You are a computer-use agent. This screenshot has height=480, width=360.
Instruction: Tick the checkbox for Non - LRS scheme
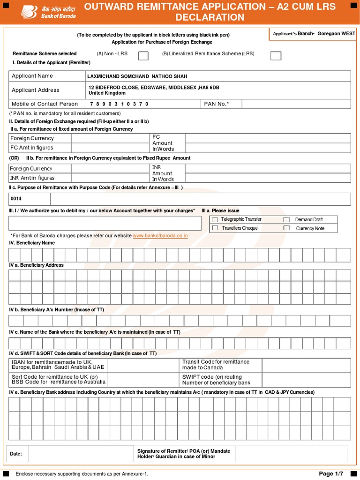tap(143, 56)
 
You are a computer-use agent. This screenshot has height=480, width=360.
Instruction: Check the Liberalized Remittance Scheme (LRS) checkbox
tap(276, 56)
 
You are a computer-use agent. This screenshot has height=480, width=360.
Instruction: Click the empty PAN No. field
tap(296, 104)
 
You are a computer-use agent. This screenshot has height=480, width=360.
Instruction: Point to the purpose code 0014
tap(16, 199)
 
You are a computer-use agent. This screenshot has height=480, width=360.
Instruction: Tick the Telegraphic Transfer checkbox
tap(215, 219)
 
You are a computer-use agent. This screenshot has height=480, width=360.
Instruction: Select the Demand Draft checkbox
tap(286, 219)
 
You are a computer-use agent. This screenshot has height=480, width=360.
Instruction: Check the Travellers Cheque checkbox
tap(215, 228)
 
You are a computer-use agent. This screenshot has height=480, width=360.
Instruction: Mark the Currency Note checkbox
tap(286, 228)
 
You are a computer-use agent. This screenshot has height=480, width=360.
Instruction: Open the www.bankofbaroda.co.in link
tap(160, 236)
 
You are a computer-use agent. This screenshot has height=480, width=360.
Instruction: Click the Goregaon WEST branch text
tap(336, 34)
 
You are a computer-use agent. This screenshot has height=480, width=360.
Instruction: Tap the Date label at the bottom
tap(16, 454)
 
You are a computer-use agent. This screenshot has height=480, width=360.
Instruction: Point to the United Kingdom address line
tap(107, 93)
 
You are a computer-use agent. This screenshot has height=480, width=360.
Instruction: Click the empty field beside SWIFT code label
tap(306, 380)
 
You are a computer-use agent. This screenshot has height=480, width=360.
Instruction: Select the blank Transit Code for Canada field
tap(306, 365)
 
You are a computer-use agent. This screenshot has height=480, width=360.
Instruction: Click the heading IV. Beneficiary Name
tap(32, 243)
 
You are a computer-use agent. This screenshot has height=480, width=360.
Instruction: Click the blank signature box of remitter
tap(291, 454)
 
